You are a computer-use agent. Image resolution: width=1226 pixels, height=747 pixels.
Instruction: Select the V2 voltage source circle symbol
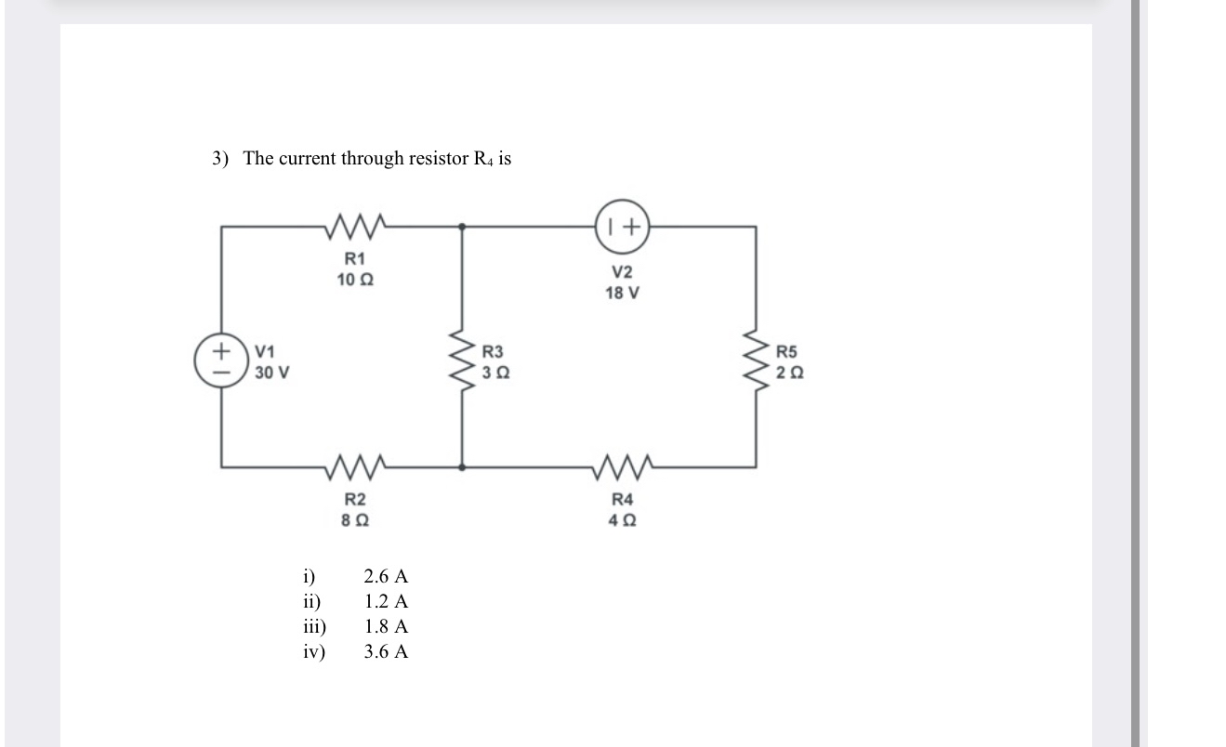pos(622,226)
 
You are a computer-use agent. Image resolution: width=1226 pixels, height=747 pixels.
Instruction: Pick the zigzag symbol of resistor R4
pos(621,465)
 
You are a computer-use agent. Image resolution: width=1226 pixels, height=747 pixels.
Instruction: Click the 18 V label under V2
pos(622,293)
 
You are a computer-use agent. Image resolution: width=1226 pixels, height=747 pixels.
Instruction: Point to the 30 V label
pos(272,373)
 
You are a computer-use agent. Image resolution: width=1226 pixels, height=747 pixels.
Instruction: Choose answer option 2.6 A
pos(386,576)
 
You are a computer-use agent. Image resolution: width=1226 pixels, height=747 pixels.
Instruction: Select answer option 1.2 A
pos(386,601)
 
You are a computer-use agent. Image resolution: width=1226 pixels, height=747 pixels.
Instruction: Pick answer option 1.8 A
pos(386,626)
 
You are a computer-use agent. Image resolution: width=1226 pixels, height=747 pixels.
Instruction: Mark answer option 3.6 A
pos(386,651)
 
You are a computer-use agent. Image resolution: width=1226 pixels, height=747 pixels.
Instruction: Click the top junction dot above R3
pos(463,226)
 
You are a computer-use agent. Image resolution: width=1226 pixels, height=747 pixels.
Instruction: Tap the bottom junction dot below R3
pos(463,465)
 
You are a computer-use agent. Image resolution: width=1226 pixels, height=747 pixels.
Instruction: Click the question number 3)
pos(219,159)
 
